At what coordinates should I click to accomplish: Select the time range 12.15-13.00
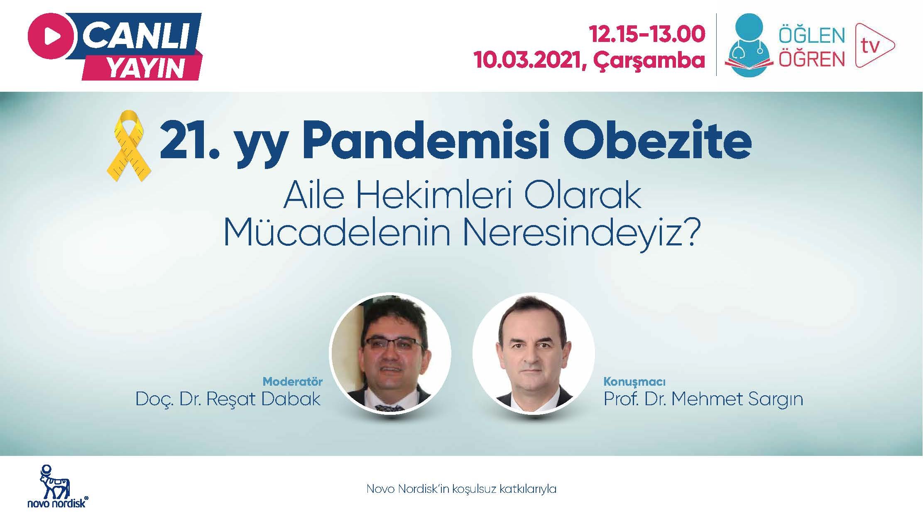click(647, 34)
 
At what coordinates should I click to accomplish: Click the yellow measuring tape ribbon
click(129, 145)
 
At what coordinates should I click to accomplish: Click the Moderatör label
click(293, 381)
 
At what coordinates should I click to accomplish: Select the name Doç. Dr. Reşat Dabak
click(228, 399)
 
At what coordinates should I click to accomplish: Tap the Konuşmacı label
click(634, 381)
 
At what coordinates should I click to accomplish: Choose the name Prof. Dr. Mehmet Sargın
click(703, 399)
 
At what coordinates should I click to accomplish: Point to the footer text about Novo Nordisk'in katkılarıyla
click(461, 489)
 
